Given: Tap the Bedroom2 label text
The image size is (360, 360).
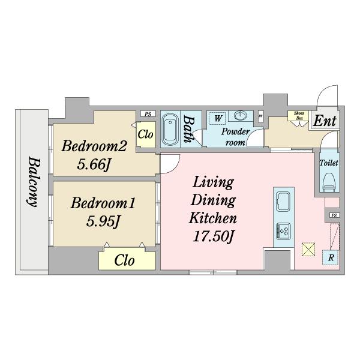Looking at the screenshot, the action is click(94, 146).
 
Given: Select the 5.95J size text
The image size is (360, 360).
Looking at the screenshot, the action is click(103, 222).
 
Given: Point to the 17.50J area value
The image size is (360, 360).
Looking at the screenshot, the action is click(213, 236).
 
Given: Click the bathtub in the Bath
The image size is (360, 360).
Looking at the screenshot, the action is click(170, 130).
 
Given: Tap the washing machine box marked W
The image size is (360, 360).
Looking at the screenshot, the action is click(217, 118).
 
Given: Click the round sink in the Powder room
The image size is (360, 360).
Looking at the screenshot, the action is click(240, 115).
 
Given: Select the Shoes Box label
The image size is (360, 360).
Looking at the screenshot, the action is click(299, 116).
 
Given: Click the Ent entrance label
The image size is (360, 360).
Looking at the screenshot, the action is click(325, 121).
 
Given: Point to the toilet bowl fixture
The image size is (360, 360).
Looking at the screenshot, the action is click(329, 182).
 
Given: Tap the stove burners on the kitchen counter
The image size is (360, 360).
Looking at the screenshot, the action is click(284, 231).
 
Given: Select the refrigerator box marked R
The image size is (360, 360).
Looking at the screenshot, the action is click(331, 257).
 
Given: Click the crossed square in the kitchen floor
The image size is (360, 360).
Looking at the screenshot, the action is click(308, 250).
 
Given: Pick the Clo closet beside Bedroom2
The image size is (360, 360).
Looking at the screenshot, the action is click(146, 134).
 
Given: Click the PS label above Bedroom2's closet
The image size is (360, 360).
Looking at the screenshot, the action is click(148, 114).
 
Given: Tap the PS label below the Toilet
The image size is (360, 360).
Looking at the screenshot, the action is click(334, 215).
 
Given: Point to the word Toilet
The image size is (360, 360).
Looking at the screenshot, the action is click(329, 163).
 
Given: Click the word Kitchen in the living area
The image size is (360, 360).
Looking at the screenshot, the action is click(212, 218).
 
